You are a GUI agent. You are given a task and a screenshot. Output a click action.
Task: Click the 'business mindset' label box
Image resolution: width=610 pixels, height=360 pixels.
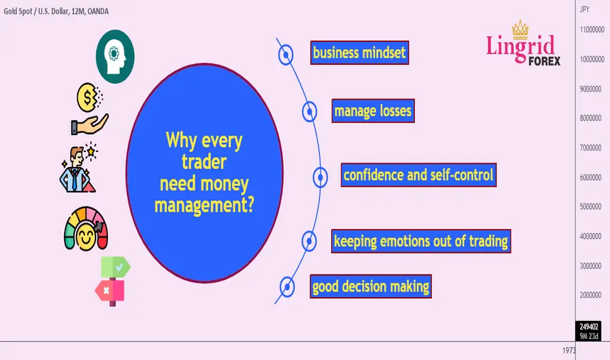tap(359, 52)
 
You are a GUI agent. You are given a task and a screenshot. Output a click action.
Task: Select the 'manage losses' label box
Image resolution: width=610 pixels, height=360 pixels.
tap(373, 111)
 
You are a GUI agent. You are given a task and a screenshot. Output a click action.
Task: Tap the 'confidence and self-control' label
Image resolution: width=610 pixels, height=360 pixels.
tap(419, 175)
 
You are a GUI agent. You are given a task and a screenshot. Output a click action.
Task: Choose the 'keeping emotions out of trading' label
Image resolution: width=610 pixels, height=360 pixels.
tap(421, 242)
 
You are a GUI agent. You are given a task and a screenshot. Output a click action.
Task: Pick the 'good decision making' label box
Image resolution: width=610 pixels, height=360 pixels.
tap(370, 287)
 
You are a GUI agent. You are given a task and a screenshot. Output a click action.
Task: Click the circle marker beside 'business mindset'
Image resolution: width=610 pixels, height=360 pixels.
tap(285, 55)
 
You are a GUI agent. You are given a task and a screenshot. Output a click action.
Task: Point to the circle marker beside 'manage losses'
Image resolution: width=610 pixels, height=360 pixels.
tap(310, 112)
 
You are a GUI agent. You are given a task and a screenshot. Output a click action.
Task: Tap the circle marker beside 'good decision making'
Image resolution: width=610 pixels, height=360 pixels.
tap(287, 287)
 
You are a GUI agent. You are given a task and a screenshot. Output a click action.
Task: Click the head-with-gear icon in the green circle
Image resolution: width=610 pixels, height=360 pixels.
tap(115, 56)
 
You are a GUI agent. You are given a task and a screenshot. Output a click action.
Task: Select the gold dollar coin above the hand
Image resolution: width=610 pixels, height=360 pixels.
tap(88, 98)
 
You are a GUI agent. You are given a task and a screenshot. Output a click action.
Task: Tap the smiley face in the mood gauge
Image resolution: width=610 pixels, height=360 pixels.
tap(86, 237)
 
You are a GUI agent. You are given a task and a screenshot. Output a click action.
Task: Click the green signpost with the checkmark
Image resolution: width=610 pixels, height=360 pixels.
tap(116, 267)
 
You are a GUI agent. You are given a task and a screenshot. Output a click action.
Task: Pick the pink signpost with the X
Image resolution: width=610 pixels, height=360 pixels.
tap(110, 291)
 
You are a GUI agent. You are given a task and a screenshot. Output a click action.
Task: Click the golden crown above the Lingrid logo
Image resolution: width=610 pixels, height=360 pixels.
tap(520, 29)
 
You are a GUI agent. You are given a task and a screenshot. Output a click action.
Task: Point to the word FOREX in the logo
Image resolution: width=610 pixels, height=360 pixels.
tap(545, 61)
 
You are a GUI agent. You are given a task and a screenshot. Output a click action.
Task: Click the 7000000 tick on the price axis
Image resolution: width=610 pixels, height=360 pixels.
tap(590, 148)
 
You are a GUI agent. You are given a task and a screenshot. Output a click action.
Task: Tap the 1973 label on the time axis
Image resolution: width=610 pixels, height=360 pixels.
tap(569, 350)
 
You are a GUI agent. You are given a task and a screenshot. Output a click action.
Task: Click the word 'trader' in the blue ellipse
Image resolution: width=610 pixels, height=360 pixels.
tap(204, 162)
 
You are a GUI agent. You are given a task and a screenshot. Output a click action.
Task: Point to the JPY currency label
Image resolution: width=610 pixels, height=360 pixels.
tap(584, 9)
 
